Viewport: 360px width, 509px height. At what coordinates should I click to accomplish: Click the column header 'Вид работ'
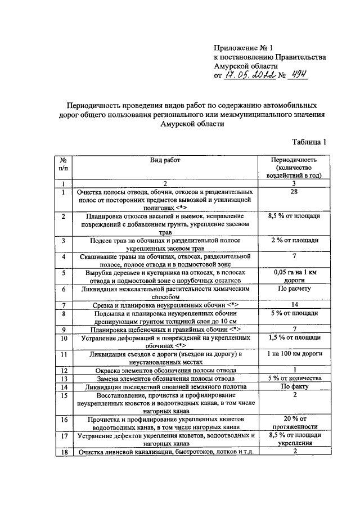pos(165,160)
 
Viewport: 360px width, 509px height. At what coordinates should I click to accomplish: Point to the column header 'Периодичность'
pos(299,160)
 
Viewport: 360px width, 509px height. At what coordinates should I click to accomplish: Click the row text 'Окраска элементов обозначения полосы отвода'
pos(165,371)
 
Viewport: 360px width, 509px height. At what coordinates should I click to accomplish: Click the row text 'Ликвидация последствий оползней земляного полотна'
pos(165,387)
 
